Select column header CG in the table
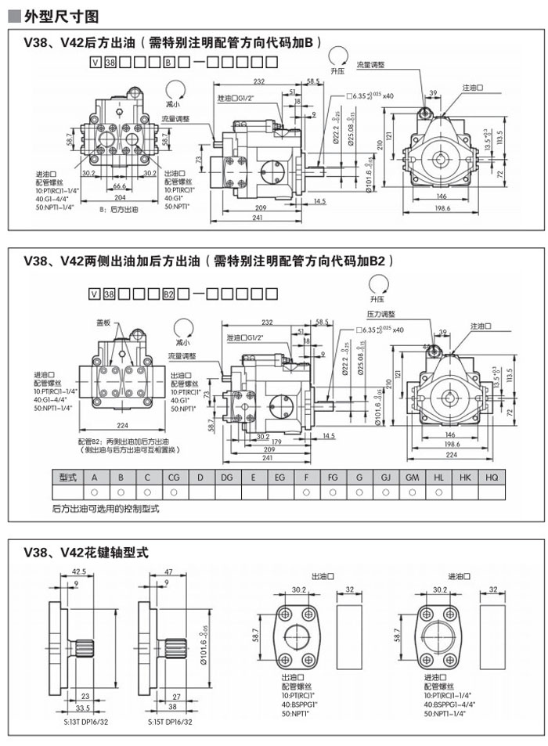[174, 477]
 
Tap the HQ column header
[492, 477]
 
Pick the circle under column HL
[438, 492]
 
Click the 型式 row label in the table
[68, 477]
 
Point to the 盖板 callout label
[104, 322]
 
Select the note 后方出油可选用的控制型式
[105, 510]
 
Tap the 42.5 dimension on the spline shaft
[78, 571]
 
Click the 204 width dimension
[120, 197]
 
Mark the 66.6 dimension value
[120, 186]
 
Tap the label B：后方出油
[119, 211]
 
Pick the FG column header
[333, 477]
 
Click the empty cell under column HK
[465, 492]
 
